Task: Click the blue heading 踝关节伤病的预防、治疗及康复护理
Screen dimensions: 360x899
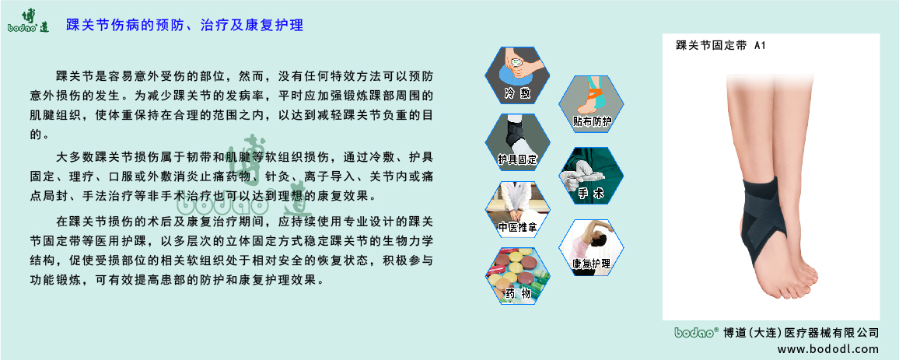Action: pyautogui.click(x=184, y=25)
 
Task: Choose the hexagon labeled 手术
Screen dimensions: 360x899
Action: pyautogui.click(x=591, y=176)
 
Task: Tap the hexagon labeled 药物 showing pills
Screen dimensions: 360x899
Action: pyautogui.click(x=518, y=275)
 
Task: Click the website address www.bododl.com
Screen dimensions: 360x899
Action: pyautogui.click(x=828, y=349)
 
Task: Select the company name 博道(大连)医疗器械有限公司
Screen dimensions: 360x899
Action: pyautogui.click(x=801, y=333)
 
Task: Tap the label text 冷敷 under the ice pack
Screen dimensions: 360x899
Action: pyautogui.click(x=516, y=94)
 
